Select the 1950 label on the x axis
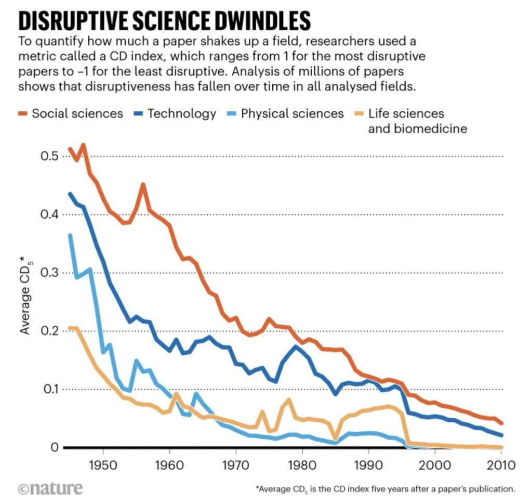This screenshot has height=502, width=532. coord(102,464)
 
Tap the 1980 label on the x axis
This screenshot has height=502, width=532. coord(302,464)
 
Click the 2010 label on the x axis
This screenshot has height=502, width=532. coord(501,464)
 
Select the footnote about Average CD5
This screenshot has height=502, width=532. coord(385,489)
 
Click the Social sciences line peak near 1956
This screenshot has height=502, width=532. coord(143,185)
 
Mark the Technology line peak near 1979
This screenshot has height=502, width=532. coord(296,346)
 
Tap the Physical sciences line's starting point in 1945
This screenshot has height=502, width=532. coord(70,236)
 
